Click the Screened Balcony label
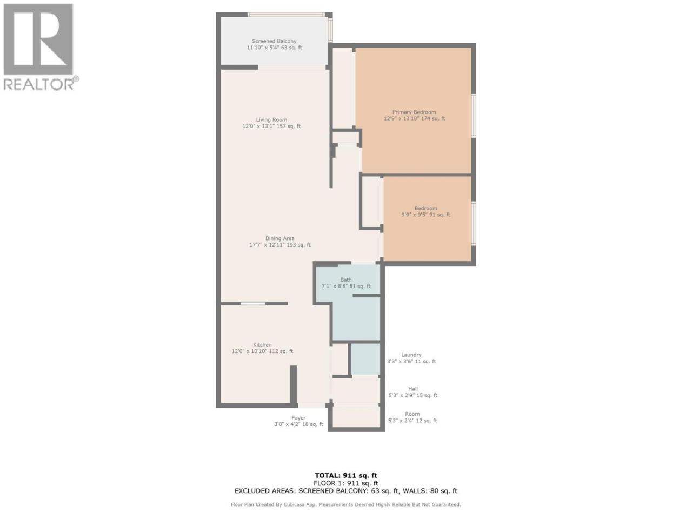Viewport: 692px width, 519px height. click(x=274, y=41)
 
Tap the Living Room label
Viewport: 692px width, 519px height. click(x=271, y=119)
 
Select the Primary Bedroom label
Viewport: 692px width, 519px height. click(x=414, y=112)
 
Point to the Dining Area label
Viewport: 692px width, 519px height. click(x=280, y=238)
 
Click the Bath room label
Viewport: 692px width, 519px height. click(x=346, y=280)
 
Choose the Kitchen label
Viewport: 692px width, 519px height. click(x=262, y=345)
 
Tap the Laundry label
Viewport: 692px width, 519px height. click(x=411, y=355)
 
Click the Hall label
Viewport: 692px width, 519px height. click(x=413, y=389)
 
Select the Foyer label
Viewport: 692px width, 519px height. click(x=298, y=418)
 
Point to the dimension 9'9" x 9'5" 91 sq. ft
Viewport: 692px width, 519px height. click(x=425, y=215)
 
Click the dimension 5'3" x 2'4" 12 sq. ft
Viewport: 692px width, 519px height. click(x=412, y=421)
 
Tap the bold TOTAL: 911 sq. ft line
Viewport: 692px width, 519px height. click(x=346, y=476)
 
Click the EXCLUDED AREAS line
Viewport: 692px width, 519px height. click(x=346, y=491)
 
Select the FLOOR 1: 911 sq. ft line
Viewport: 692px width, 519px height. click(x=346, y=483)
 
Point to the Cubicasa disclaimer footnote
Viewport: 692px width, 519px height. click(x=346, y=505)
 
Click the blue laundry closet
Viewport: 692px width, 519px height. click(x=365, y=359)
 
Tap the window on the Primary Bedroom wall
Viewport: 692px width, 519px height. click(x=474, y=115)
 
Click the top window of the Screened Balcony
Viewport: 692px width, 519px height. click(x=286, y=15)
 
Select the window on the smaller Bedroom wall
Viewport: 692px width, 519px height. click(x=474, y=223)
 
